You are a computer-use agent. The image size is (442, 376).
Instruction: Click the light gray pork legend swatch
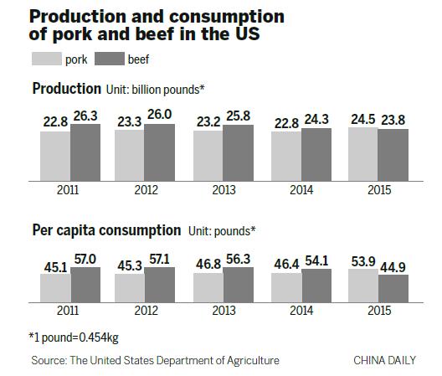(x=46, y=59)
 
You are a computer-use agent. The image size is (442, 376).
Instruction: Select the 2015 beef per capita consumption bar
(x=393, y=289)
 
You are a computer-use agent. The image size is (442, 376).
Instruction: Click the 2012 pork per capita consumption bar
(x=130, y=287)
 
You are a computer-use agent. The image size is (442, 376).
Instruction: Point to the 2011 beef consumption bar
(x=85, y=285)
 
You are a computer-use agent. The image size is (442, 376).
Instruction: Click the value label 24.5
(x=362, y=120)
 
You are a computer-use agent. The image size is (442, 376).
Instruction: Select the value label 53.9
(x=362, y=262)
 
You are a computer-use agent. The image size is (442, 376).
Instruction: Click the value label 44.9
(x=393, y=268)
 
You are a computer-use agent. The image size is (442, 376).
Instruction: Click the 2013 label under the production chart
(x=224, y=190)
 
